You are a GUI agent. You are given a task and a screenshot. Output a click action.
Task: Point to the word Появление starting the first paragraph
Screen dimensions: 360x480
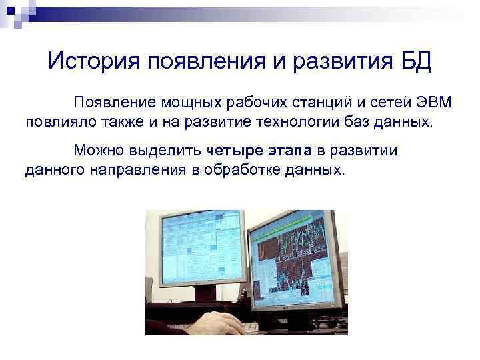point(113,103)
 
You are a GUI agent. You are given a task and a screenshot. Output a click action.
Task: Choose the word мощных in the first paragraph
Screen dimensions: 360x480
point(189,103)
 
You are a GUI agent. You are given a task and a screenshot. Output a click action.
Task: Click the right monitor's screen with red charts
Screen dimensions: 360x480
point(293,260)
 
